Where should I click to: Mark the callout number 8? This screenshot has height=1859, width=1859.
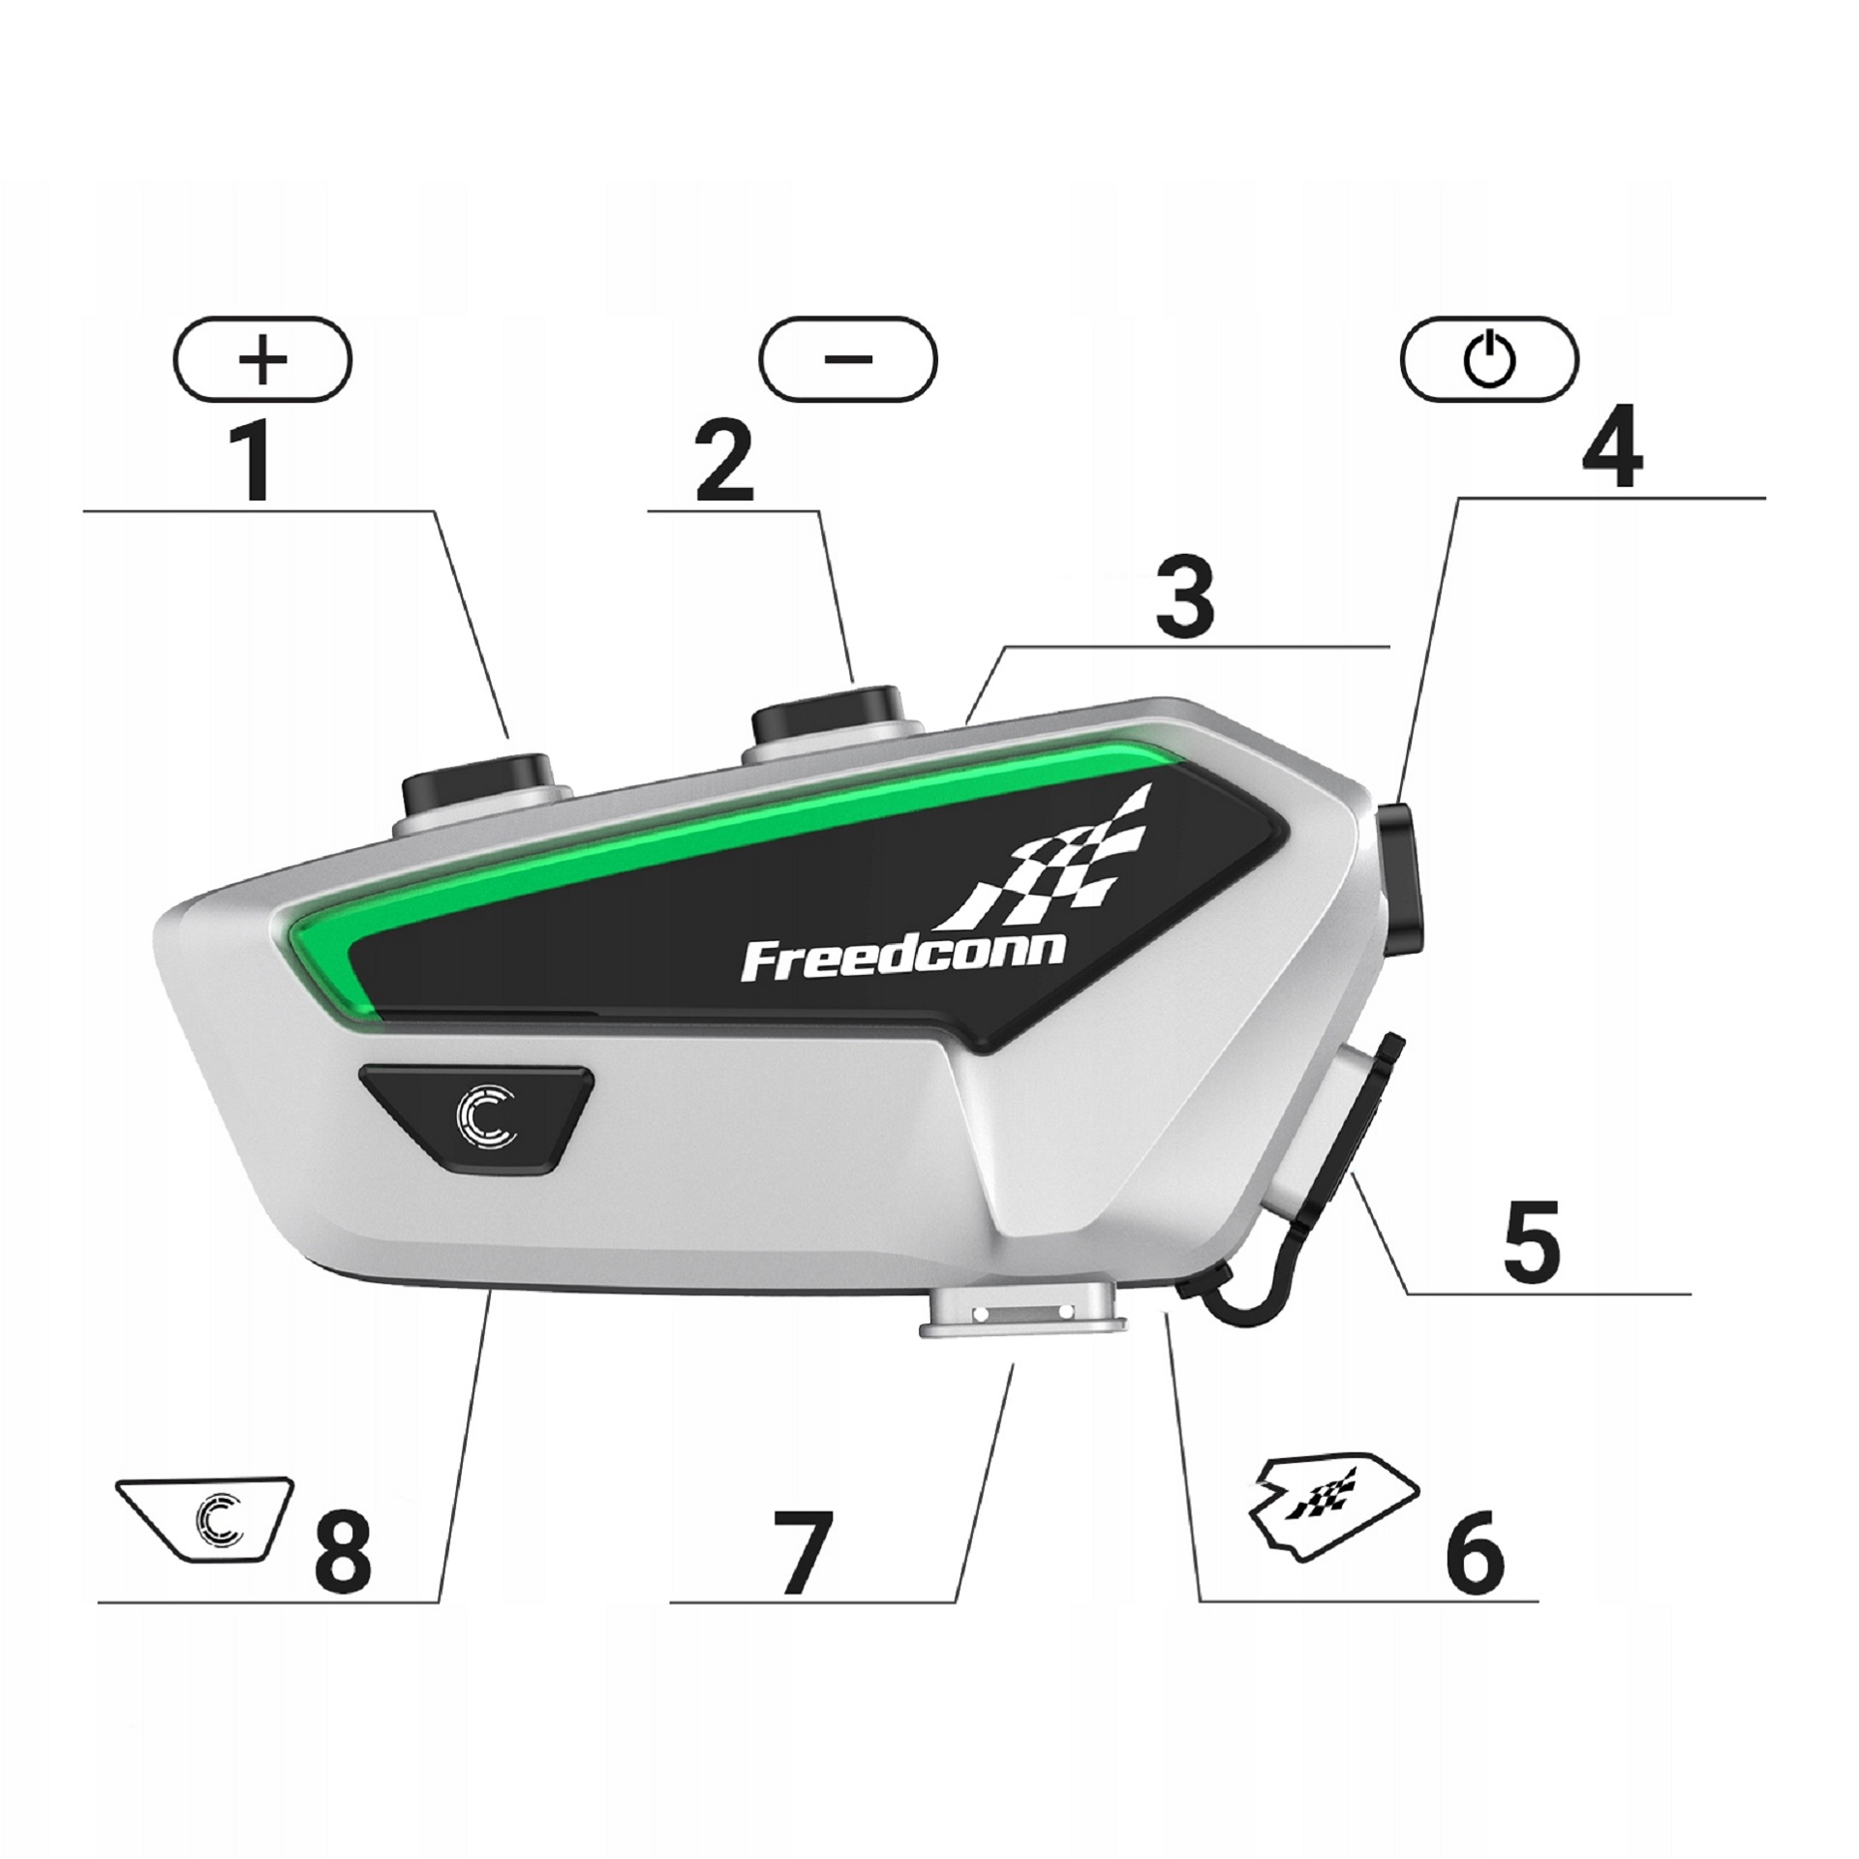(x=342, y=1550)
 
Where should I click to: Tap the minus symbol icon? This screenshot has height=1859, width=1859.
(x=848, y=359)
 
